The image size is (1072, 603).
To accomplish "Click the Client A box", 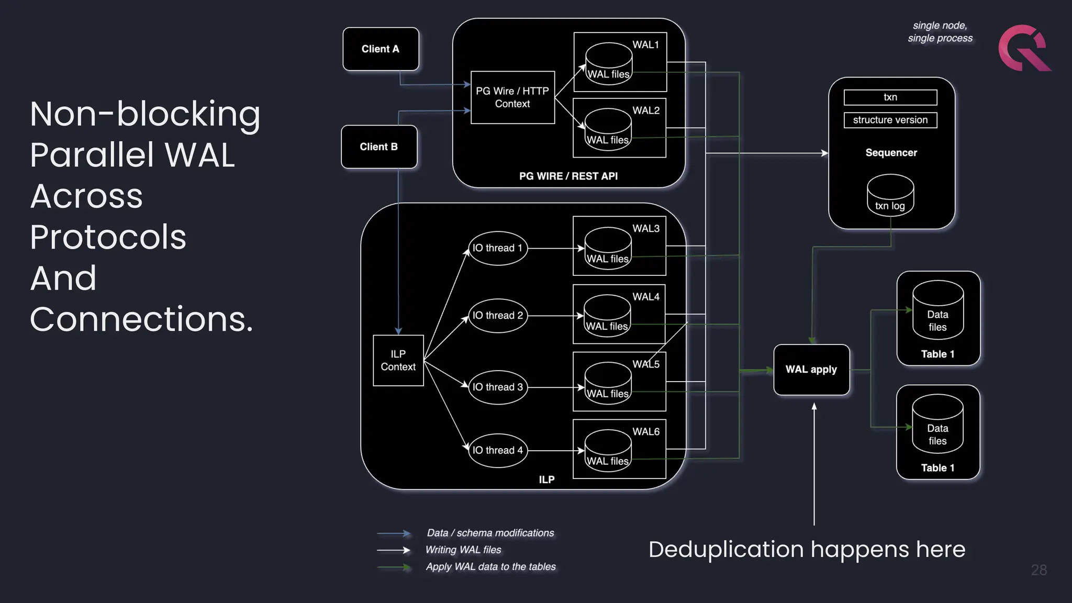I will (x=381, y=49).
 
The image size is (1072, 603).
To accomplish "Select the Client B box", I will (x=379, y=147).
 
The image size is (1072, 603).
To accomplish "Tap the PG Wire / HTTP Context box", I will (x=512, y=97).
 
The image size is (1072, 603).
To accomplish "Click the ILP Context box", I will (x=398, y=361).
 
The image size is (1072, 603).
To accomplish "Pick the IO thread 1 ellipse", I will (x=497, y=248).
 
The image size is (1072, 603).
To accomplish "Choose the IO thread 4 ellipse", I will (x=497, y=450).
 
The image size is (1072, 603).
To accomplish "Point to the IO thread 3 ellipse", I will (x=497, y=387).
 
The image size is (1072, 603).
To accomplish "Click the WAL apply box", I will (x=811, y=370).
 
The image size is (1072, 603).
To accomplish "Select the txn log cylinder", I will (x=890, y=196).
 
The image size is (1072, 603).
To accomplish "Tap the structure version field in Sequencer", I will (x=890, y=120).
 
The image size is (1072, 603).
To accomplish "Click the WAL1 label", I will (x=645, y=45).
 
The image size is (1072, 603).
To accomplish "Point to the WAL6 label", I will (x=646, y=432).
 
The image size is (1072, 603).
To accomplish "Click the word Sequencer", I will (x=891, y=153).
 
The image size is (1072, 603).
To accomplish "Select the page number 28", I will (x=1038, y=570).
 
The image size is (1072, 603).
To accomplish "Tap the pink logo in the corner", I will (x=1024, y=48).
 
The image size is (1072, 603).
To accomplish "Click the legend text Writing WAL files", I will (x=463, y=550).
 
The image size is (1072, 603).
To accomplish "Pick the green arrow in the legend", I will (x=394, y=567).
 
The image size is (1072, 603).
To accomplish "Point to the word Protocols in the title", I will (x=108, y=237).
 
